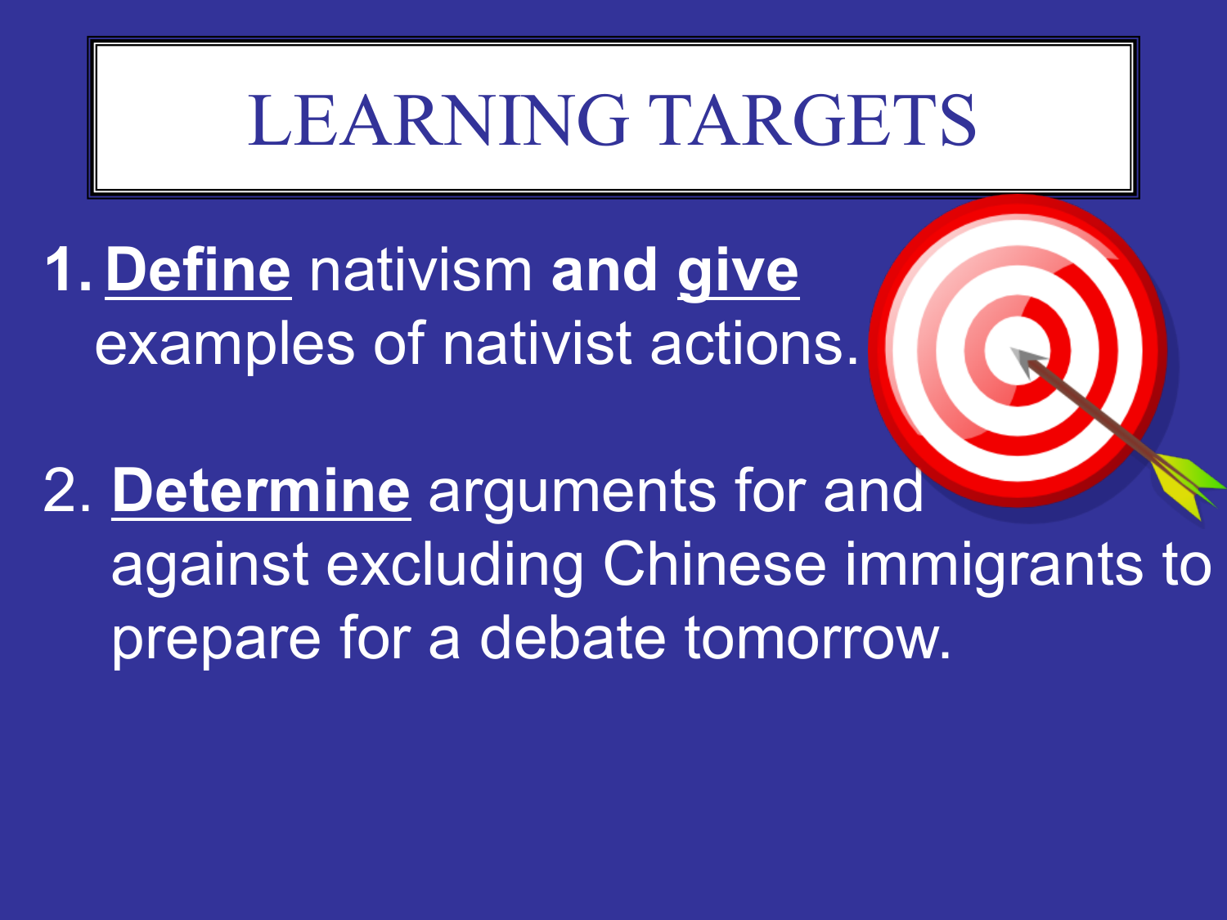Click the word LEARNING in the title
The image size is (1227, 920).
pyautogui.click(x=438, y=120)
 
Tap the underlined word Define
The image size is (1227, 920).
pyautogui.click(x=199, y=271)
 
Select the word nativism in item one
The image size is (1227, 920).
pyautogui.click(x=420, y=271)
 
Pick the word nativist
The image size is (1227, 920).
pyautogui.click(x=537, y=343)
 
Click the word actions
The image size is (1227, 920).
pyautogui.click(x=754, y=344)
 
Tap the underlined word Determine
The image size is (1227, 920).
pyautogui.click(x=261, y=491)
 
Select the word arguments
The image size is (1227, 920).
pyautogui.click(x=573, y=494)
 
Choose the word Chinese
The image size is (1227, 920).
pyautogui.click(x=714, y=563)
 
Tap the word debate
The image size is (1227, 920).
pyautogui.click(x=573, y=637)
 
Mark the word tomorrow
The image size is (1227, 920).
pyautogui.click(x=818, y=638)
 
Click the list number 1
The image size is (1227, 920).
pyautogui.click(x=68, y=269)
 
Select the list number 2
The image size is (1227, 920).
pyautogui.click(x=66, y=491)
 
